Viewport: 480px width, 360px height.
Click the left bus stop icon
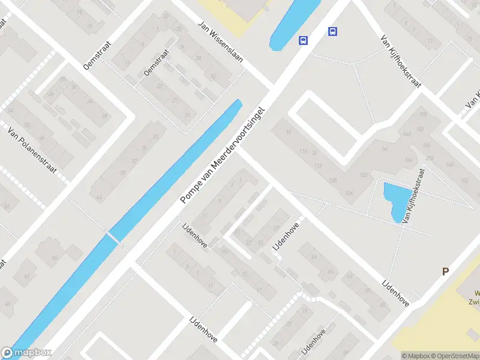[x=304, y=40]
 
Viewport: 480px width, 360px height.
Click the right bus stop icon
[x=332, y=32]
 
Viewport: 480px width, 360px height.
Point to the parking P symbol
[x=445, y=271]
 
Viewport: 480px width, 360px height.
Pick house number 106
[x=350, y=193]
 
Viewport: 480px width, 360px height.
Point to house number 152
[x=463, y=181]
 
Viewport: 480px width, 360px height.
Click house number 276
[x=430, y=158]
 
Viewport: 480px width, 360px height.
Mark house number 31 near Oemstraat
[x=188, y=115]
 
